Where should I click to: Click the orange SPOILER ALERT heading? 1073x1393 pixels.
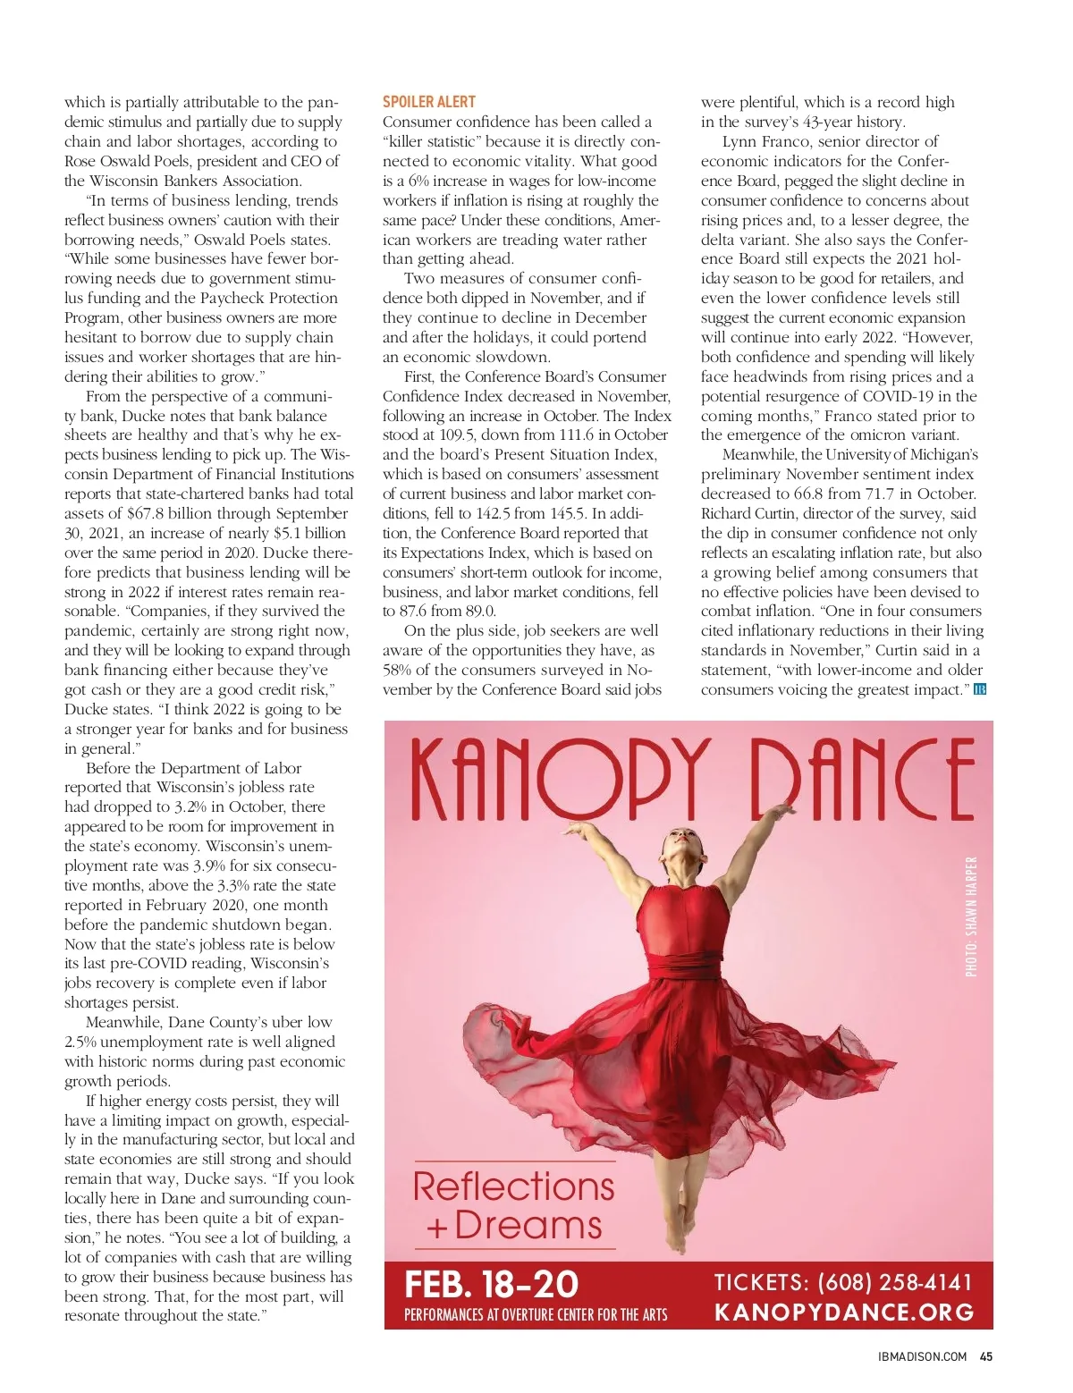pos(429,102)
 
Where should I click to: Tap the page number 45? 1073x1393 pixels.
pos(986,1356)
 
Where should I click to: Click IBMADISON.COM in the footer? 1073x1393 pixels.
pos(922,1356)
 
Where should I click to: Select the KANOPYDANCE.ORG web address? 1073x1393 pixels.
pos(844,1312)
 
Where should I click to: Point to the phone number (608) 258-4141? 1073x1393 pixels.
pos(895,1282)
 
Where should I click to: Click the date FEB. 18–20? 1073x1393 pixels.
pos(492,1284)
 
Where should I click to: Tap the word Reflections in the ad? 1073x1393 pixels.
pos(513,1186)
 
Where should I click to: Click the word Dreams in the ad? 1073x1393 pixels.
pos(528,1225)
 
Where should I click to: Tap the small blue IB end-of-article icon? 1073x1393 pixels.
pos(979,689)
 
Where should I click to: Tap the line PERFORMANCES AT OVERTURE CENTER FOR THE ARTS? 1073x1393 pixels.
pos(536,1314)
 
